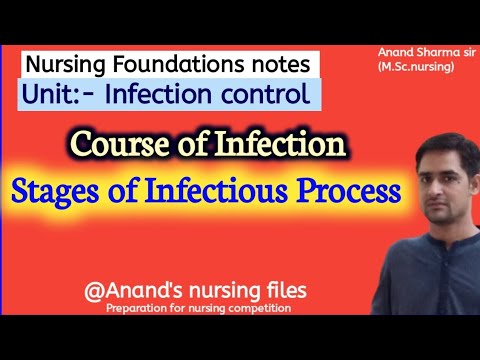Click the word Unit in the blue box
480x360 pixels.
coord(51,96)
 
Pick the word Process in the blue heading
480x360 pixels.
coord(371,188)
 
